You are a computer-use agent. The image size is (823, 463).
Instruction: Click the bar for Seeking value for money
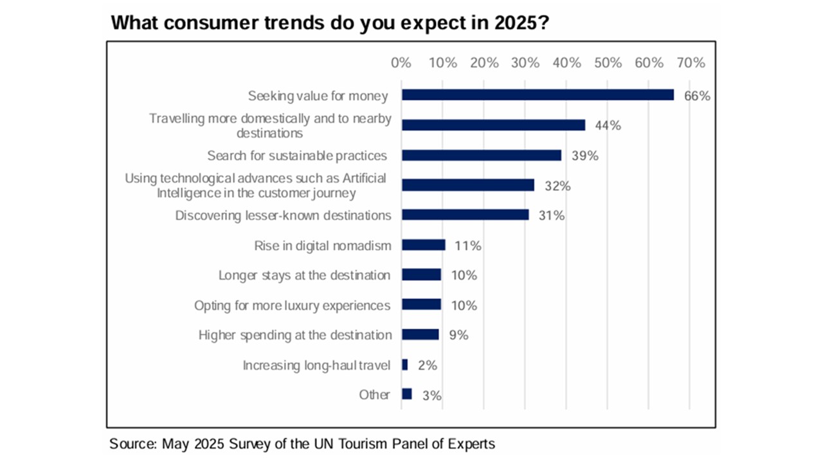coord(538,95)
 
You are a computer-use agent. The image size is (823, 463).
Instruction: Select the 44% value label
coord(608,125)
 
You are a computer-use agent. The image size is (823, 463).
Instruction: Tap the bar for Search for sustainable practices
coord(482,155)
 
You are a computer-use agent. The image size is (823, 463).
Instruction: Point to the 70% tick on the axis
coord(691,63)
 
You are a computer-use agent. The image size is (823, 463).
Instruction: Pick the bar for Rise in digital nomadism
coord(424,245)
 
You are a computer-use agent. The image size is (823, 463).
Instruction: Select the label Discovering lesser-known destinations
coord(283,215)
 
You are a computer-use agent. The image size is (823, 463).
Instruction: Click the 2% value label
coord(428,365)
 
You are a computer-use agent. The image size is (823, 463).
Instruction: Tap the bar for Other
coord(407,394)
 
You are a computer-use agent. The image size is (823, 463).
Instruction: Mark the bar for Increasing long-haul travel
coord(405,365)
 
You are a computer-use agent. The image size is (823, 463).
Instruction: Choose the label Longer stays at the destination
coord(304,275)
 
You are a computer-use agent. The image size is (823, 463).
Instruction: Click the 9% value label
coord(459,335)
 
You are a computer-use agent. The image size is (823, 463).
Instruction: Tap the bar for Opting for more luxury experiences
coord(422,305)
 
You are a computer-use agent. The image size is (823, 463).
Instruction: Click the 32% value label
coord(557,186)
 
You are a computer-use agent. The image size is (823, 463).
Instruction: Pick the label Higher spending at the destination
coord(294,335)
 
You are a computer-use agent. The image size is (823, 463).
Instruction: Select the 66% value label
coord(697,96)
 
